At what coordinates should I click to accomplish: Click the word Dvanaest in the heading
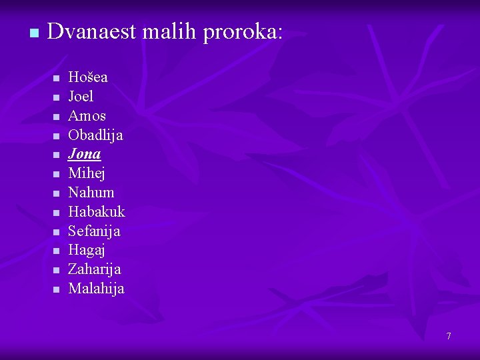(x=89, y=31)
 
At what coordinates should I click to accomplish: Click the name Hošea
(x=88, y=77)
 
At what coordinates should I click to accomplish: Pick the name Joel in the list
(x=81, y=97)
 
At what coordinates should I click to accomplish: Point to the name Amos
(x=87, y=116)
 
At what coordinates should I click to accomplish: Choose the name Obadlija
(x=95, y=135)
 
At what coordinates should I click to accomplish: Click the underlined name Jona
(x=85, y=154)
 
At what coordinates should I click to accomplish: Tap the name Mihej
(x=87, y=173)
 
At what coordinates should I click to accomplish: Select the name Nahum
(x=91, y=193)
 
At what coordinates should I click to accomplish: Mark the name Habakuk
(x=97, y=212)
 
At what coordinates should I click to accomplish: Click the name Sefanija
(x=94, y=231)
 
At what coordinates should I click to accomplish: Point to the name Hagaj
(x=87, y=251)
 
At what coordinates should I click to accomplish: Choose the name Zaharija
(x=95, y=270)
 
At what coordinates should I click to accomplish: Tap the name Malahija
(x=96, y=289)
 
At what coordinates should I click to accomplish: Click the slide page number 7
(x=449, y=336)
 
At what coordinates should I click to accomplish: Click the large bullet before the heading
(x=26, y=33)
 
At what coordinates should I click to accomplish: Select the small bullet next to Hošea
(x=56, y=79)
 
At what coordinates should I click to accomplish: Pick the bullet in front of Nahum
(x=56, y=194)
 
